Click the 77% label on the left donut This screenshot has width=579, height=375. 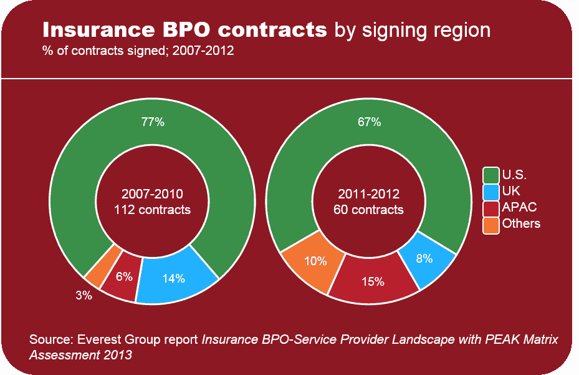(153, 122)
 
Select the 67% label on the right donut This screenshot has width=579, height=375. (369, 122)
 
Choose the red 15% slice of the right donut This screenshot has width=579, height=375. (373, 281)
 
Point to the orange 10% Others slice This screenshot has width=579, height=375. (313, 261)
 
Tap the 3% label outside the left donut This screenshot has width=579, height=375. (84, 296)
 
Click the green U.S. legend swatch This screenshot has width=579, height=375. (491, 175)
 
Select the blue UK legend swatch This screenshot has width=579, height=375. (491, 191)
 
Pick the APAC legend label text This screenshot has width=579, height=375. (519, 207)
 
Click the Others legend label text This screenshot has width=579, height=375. (521, 223)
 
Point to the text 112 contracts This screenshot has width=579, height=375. (153, 210)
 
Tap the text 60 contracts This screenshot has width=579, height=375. (369, 210)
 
